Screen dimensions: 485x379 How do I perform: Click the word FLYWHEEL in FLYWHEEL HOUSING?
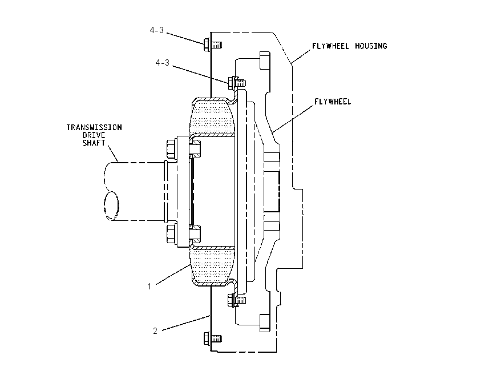click(330, 46)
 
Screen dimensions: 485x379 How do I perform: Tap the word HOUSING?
click(371, 46)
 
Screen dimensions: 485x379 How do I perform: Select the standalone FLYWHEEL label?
click(333, 102)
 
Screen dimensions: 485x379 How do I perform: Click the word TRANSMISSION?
click(94, 127)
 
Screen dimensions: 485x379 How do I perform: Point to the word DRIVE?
click(94, 135)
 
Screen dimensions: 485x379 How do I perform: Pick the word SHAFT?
click(94, 143)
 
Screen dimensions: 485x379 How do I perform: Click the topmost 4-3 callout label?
click(157, 30)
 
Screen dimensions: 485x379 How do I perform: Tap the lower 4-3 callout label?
click(163, 62)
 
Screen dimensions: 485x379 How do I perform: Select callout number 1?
click(149, 287)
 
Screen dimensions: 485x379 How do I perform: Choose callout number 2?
click(155, 330)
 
